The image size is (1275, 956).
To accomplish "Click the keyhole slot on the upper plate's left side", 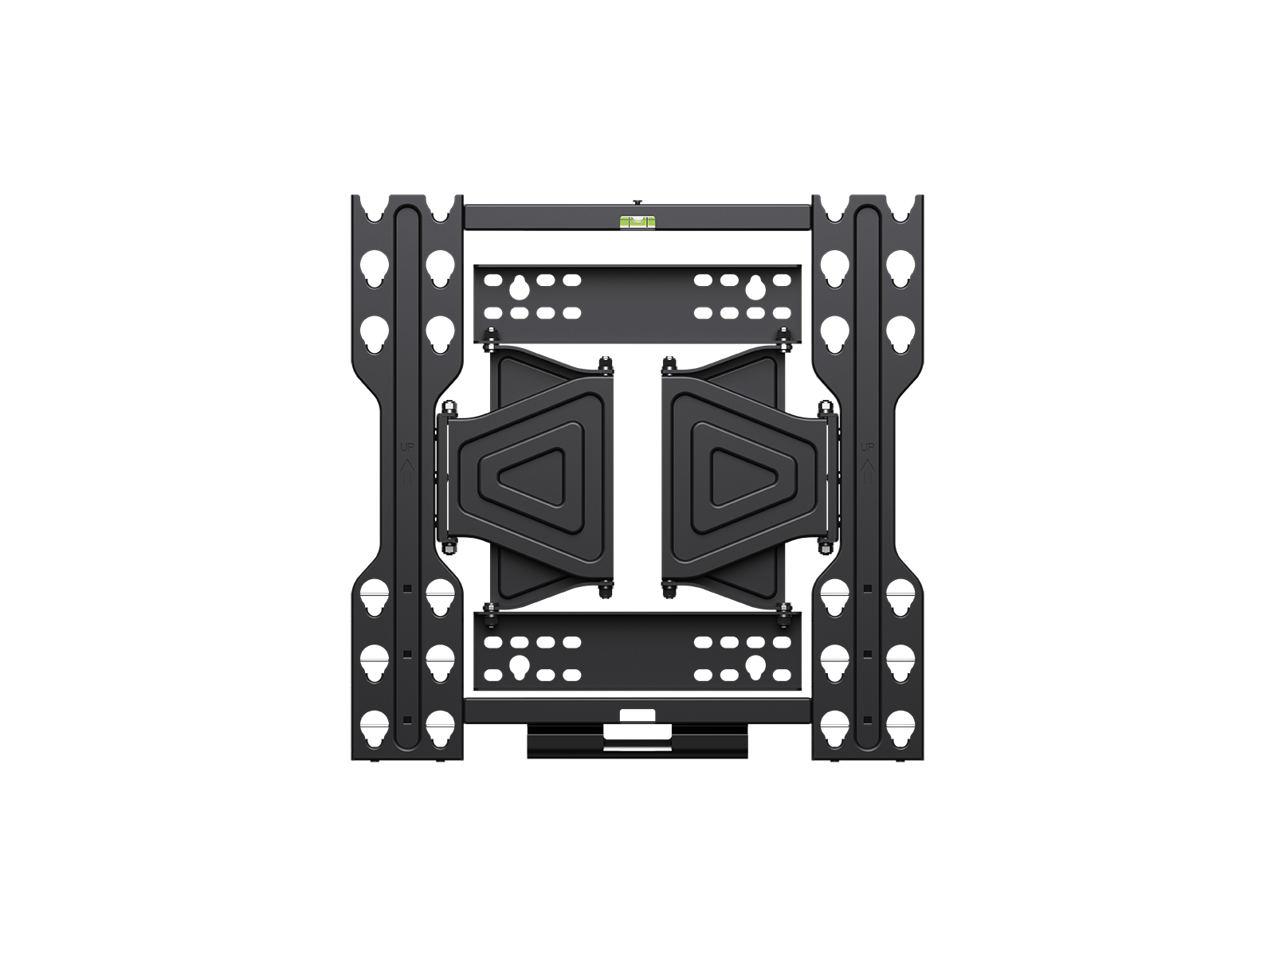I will pyautogui.click(x=520, y=284).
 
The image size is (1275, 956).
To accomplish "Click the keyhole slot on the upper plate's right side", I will pyautogui.click(x=755, y=284).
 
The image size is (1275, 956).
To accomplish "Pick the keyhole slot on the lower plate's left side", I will pyautogui.click(x=520, y=662).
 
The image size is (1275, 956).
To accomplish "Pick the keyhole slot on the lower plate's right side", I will pyautogui.click(x=755, y=662).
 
